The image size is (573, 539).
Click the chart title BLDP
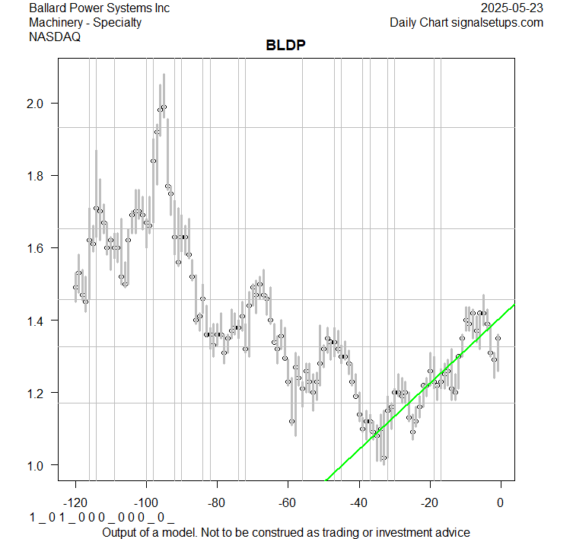[x=285, y=45]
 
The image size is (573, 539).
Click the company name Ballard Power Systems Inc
[x=99, y=8]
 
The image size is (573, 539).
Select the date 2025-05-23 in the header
[x=513, y=8]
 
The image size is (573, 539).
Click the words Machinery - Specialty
[x=85, y=22]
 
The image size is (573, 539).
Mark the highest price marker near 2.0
[x=164, y=107]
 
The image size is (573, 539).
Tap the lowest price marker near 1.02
[x=384, y=458]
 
